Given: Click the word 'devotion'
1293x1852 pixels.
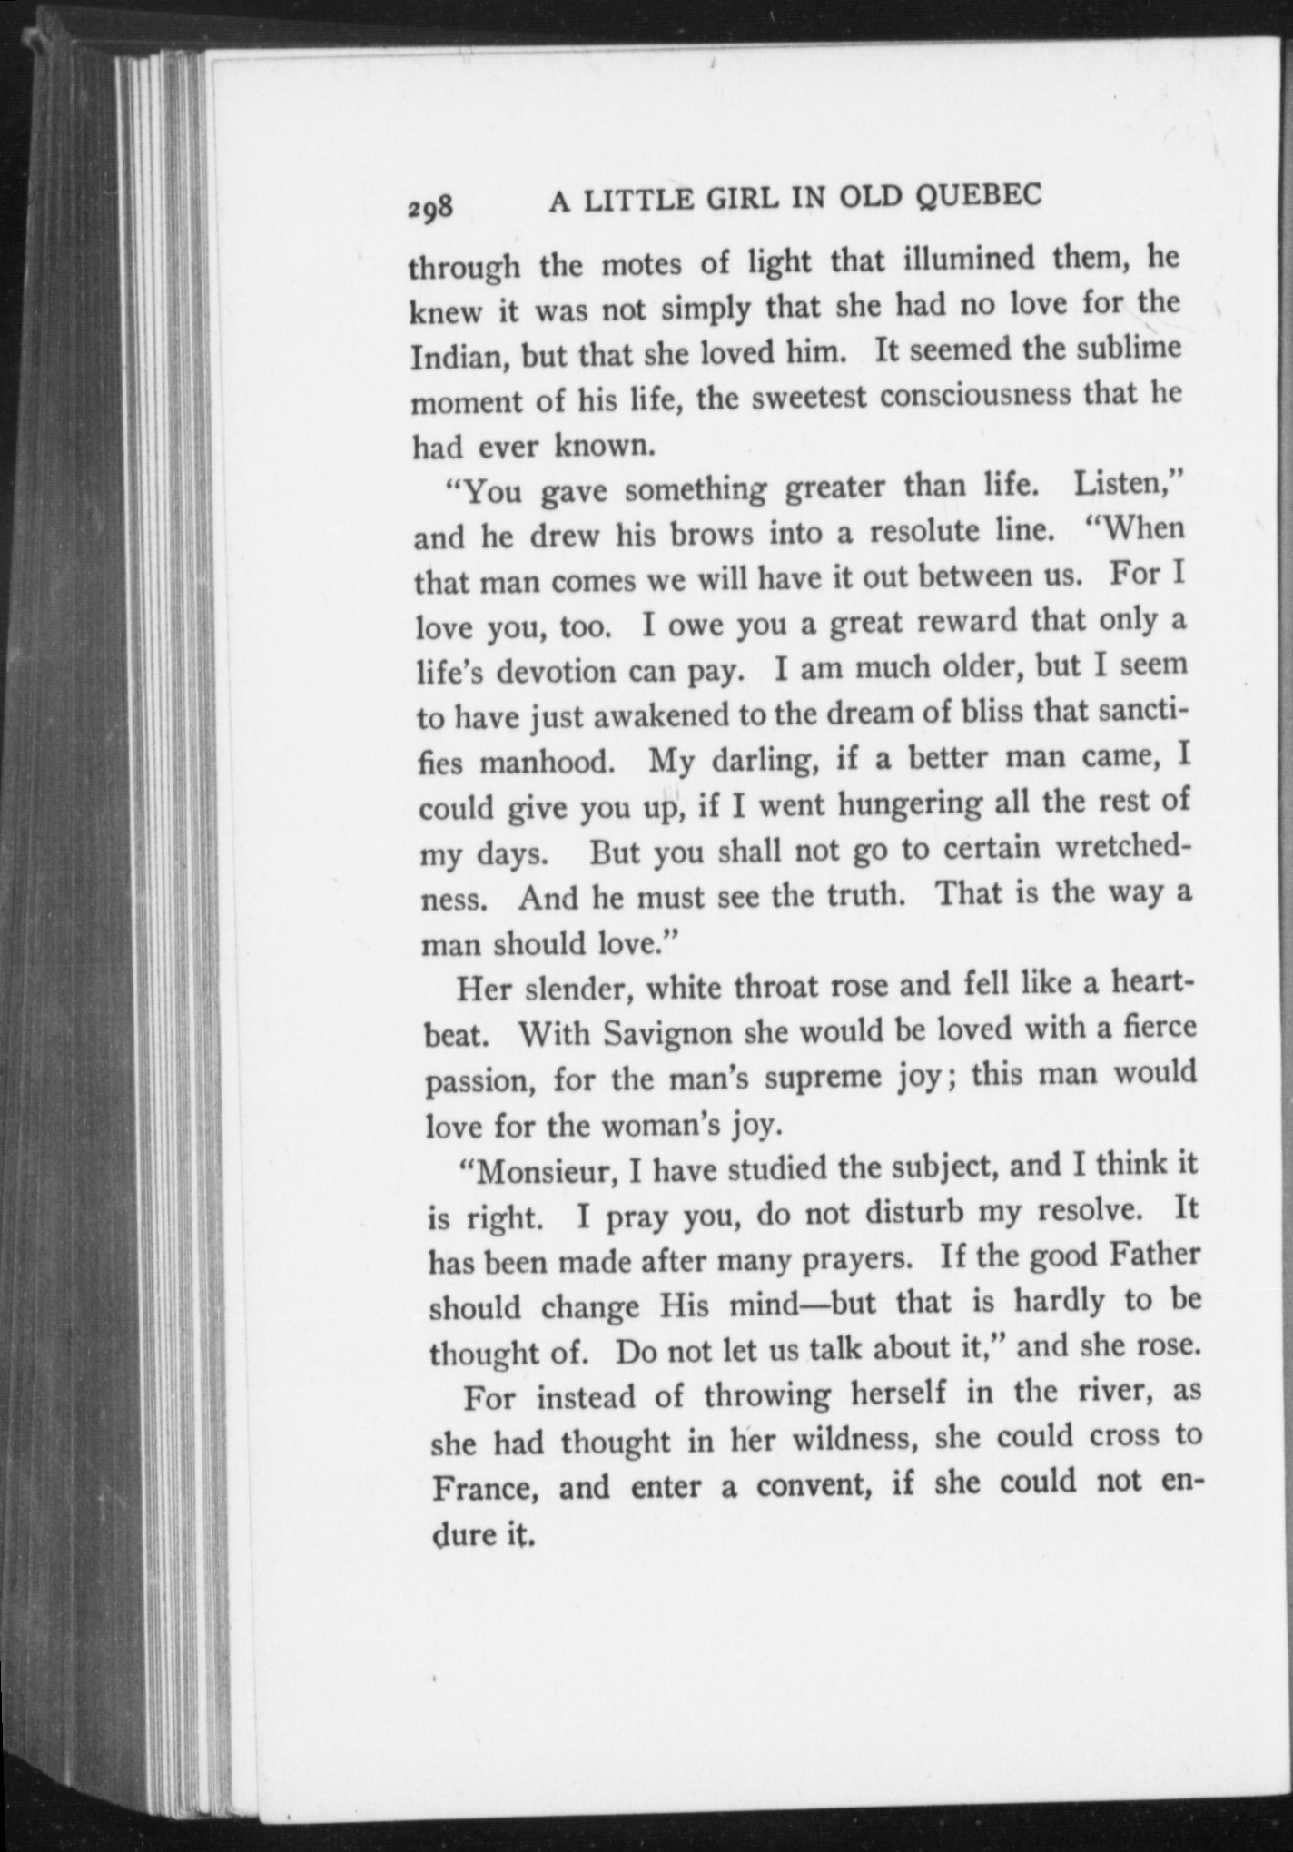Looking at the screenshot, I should point(559,674).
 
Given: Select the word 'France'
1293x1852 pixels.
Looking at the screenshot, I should point(485,1490).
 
